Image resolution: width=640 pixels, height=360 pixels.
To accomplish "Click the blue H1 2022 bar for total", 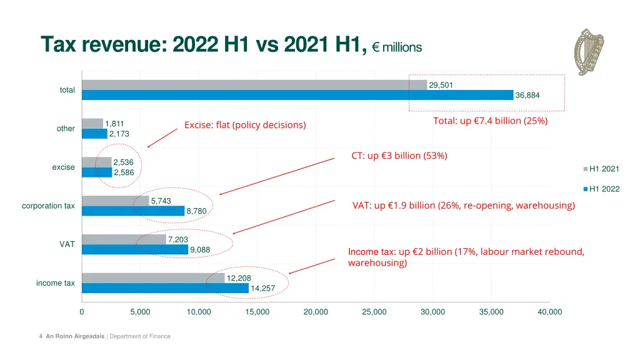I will click(297, 95).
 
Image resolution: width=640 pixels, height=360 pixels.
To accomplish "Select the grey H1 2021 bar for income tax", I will click(153, 277).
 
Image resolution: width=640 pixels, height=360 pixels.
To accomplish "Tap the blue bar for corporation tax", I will click(133, 211).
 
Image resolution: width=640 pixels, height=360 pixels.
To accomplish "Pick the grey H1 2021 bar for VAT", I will click(124, 239).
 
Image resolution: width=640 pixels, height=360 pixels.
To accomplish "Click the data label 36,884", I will click(527, 96).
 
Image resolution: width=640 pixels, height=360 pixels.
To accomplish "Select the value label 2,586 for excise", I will click(124, 172).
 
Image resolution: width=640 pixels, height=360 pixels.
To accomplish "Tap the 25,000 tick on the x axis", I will click(374, 312).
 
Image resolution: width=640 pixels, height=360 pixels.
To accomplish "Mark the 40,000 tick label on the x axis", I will click(549, 312).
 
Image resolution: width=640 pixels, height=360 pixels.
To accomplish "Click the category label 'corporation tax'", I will click(48, 206).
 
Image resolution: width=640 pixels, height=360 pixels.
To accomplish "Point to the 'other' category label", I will click(66, 129).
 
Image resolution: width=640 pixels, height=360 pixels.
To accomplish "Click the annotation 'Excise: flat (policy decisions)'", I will click(245, 125).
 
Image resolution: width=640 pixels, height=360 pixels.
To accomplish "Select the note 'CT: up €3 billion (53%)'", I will click(399, 156).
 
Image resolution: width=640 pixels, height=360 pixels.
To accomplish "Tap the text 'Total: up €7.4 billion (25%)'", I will click(490, 121).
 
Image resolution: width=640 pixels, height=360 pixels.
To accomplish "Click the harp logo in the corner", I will click(589, 52).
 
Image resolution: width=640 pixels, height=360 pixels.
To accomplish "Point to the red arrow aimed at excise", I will click(162, 137).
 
